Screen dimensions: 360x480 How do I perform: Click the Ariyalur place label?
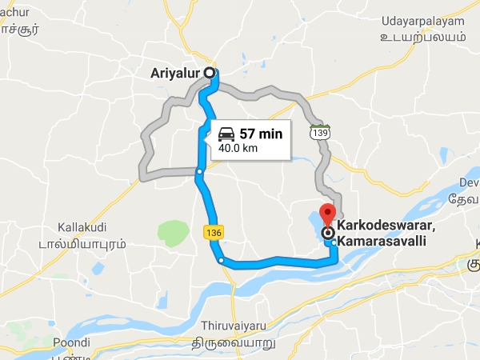(x=175, y=73)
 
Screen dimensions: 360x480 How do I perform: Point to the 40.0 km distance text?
(x=238, y=148)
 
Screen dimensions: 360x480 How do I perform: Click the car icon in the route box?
(x=226, y=134)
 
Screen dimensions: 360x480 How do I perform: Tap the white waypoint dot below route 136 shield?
(x=221, y=260)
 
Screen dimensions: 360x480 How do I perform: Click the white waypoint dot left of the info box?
(x=199, y=170)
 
